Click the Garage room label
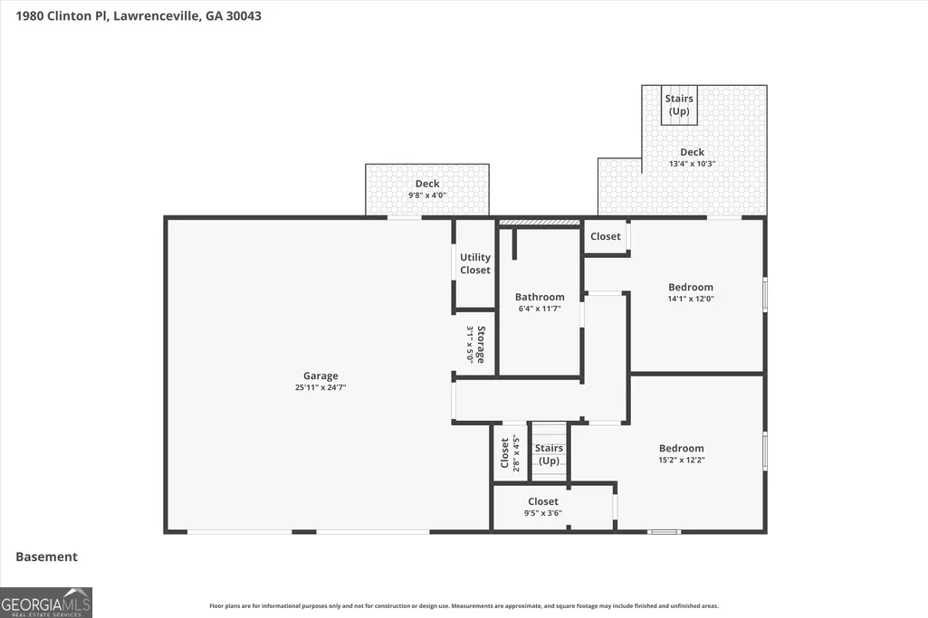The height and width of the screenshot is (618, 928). (320, 376)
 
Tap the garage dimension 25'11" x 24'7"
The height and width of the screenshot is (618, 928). (320, 388)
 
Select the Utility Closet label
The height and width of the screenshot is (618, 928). (475, 264)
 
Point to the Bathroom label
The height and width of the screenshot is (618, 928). (540, 297)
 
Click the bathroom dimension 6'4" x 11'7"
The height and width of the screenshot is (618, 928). (540, 309)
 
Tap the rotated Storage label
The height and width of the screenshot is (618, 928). (481, 344)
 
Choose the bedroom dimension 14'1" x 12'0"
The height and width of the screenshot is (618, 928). (691, 299)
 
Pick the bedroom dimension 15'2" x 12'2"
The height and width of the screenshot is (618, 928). (682, 460)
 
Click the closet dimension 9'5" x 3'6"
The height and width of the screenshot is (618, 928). (543, 513)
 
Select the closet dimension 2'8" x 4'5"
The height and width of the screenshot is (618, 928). (516, 453)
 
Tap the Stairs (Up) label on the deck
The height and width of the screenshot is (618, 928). (679, 105)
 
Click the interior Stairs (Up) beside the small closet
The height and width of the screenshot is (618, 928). (550, 455)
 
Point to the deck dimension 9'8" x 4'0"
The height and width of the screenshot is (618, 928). (427, 195)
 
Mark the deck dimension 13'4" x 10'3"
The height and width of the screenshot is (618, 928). (693, 164)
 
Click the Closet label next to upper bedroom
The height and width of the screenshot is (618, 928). (606, 236)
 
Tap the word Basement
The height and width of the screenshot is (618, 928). (47, 557)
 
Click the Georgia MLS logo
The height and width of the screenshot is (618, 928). (46, 603)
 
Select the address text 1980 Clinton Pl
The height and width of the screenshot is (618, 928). (62, 16)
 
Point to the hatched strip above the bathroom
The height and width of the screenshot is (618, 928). (540, 223)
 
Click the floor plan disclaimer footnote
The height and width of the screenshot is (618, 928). (464, 606)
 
